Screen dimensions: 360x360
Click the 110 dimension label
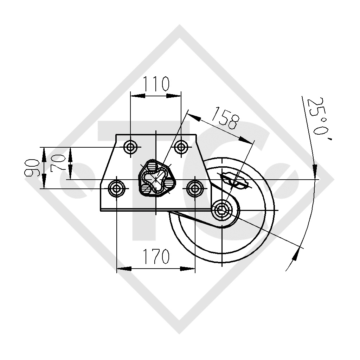156,84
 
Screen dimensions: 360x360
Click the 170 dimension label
156,256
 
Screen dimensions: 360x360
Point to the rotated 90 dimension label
32,168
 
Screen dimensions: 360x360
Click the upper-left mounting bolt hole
130,147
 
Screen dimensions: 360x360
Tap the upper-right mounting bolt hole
181,147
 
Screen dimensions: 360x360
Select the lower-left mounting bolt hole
117,188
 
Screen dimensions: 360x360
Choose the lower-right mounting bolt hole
195,188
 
